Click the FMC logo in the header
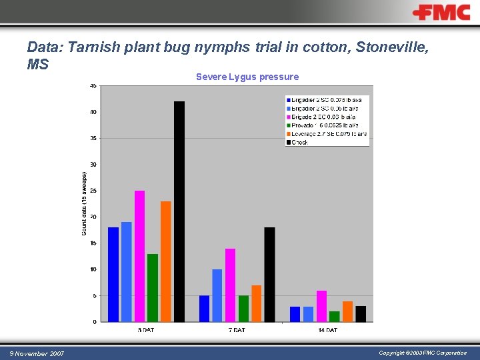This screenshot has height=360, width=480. (x=441, y=13)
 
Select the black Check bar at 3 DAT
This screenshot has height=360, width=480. (x=179, y=211)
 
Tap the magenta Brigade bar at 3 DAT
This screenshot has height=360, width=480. (x=139, y=256)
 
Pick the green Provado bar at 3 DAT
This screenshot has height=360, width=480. (x=153, y=287)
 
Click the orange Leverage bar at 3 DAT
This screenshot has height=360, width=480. (x=166, y=261)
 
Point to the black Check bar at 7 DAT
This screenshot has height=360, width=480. (x=269, y=274)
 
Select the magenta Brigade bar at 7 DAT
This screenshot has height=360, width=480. (x=230, y=285)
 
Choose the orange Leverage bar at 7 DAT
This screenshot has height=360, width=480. (x=257, y=303)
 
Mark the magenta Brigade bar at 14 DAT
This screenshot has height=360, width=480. (x=321, y=306)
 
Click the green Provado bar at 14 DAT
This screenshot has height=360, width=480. (x=334, y=316)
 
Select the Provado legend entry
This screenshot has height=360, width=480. (x=324, y=125)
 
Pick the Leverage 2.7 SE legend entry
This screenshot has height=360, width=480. (x=327, y=133)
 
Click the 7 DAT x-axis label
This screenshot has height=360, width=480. (x=237, y=330)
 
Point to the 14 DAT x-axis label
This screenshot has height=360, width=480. (x=327, y=330)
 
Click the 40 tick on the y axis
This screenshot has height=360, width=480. (x=93, y=112)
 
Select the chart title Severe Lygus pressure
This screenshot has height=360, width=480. (x=247, y=77)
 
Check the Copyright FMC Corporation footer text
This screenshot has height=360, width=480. (x=423, y=353)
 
